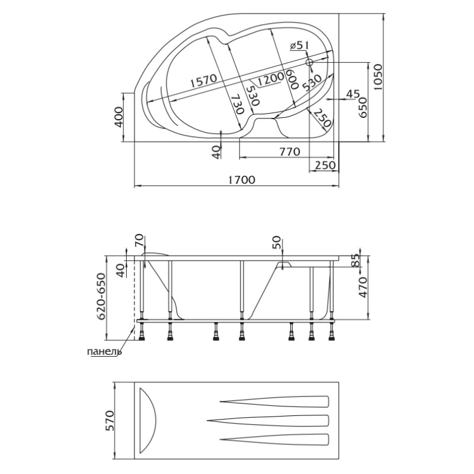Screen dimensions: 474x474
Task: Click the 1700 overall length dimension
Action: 241,180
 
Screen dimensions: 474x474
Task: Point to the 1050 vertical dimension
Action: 378,77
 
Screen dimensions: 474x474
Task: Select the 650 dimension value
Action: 362,107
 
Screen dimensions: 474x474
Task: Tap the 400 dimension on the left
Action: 120,117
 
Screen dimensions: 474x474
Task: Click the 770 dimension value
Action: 290,152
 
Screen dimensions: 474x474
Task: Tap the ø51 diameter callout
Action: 299,46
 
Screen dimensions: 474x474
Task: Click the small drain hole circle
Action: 309,63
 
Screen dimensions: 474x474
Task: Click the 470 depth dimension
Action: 362,287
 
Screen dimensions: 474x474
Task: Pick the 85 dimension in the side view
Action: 357,260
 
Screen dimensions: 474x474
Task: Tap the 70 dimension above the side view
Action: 140,241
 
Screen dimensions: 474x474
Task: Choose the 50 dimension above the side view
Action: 276,242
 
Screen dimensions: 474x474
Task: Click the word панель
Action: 104,352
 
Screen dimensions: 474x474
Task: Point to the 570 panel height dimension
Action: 110,421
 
